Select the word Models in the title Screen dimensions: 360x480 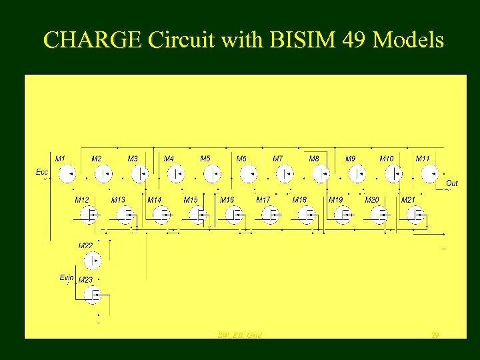tap(409, 40)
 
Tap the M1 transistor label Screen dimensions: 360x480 tap(60, 159)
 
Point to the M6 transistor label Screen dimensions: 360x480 tap(241, 159)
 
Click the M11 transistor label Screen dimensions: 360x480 tap(423, 159)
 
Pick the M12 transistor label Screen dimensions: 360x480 tap(82, 199)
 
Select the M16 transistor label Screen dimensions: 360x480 tap(227, 199)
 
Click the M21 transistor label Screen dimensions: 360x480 tap(409, 199)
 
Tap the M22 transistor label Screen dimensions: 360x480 tap(86, 245)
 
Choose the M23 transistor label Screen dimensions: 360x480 tap(86, 280)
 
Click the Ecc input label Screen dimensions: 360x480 tap(41, 172)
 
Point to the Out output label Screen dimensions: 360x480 tap(452, 183)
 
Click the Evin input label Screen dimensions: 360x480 tap(67, 277)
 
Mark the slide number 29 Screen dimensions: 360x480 tap(435, 335)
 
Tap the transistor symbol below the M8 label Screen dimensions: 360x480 tap(321, 175)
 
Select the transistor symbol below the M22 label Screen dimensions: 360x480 tap(94, 260)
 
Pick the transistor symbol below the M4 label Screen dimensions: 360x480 tap(175, 175)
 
